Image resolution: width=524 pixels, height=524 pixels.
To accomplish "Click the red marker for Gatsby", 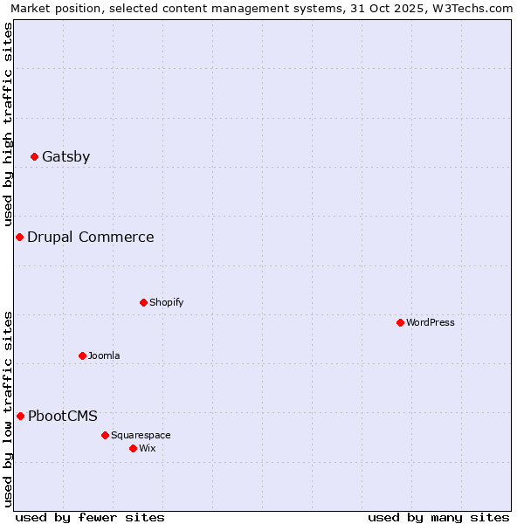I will click(x=34, y=157).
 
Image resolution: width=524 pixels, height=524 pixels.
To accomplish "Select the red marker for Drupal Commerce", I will click(x=19, y=238).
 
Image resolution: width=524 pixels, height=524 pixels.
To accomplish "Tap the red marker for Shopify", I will click(x=143, y=303).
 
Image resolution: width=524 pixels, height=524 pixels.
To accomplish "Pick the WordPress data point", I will click(x=400, y=323).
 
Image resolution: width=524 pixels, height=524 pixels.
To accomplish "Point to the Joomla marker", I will click(x=82, y=356).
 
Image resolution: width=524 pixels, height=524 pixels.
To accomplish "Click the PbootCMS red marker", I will click(x=20, y=417).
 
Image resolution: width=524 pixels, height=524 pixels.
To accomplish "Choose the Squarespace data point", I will click(x=105, y=436).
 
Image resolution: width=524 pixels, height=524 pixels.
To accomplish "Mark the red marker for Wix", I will click(x=133, y=449).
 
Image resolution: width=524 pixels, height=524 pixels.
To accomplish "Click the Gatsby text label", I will click(x=65, y=157).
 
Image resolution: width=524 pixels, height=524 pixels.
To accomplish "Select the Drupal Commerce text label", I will click(x=90, y=238).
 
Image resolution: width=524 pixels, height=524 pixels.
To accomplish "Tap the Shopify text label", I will click(x=166, y=303).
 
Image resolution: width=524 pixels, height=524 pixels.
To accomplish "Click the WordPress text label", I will click(x=430, y=323).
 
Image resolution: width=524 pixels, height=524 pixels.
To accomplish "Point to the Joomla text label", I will click(x=104, y=356).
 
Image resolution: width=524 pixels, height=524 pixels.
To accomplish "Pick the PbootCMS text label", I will click(x=62, y=417).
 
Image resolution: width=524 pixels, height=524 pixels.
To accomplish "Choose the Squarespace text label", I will click(x=141, y=436).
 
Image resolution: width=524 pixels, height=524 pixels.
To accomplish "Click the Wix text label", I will click(x=147, y=449).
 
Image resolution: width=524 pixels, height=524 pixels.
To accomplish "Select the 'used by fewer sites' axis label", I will click(x=90, y=517).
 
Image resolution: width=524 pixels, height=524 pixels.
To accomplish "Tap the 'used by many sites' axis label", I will click(x=438, y=517).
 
